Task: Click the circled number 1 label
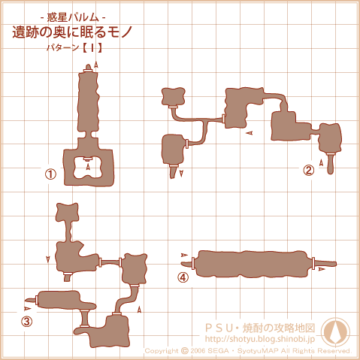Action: pyautogui.click(x=50, y=174)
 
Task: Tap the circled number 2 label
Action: pyautogui.click(x=308, y=170)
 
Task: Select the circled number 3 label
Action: pyautogui.click(x=27, y=322)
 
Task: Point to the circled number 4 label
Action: pyautogui.click(x=183, y=277)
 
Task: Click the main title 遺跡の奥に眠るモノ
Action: pyautogui.click(x=72, y=32)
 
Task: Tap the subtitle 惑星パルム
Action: pyautogui.click(x=73, y=17)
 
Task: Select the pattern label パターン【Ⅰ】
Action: pyautogui.click(x=74, y=47)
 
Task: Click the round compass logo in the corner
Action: pyautogui.click(x=335, y=332)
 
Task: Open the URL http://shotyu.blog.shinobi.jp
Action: pyautogui.click(x=260, y=339)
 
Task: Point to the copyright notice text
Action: pyautogui.click(x=248, y=351)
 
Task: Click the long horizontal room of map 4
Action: pyautogui.click(x=253, y=265)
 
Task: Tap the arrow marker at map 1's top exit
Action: pyautogui.click(x=95, y=65)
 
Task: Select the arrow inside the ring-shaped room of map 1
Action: pyautogui.click(x=88, y=166)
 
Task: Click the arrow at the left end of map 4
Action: pyautogui.click(x=184, y=255)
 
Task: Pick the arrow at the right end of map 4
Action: pyautogui.click(x=322, y=269)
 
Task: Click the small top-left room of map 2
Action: pyautogui.click(x=173, y=96)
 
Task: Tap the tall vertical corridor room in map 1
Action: pyautogui.click(x=88, y=101)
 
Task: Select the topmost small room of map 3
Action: pyautogui.click(x=67, y=212)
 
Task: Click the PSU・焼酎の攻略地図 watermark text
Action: pyautogui.click(x=260, y=328)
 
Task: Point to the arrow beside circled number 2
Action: pyautogui.click(x=321, y=162)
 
